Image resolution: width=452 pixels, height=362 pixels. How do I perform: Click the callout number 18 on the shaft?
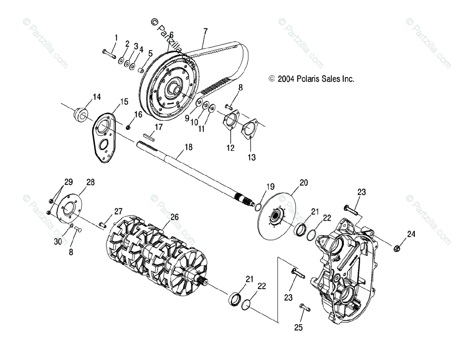188,147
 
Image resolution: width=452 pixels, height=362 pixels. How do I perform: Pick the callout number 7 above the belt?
205,31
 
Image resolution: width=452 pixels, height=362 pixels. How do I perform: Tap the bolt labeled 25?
305,307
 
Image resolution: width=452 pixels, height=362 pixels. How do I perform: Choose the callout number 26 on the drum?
174,217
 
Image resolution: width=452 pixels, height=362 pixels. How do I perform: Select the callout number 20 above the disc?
304,183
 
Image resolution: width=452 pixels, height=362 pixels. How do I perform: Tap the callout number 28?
90,182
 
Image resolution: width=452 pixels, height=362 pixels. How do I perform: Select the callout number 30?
58,242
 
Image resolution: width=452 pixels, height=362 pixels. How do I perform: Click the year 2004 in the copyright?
286,79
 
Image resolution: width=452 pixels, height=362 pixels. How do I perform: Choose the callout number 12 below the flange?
231,148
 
